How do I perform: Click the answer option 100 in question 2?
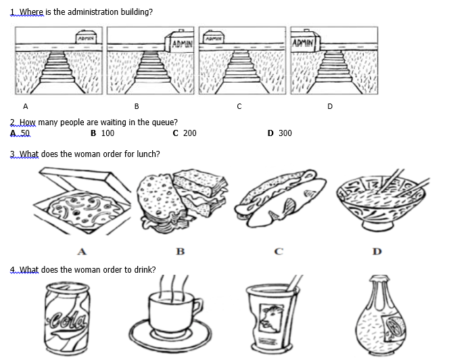pyautogui.click(x=107, y=133)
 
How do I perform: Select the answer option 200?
pyautogui.click(x=189, y=133)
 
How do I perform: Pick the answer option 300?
pyautogui.click(x=285, y=133)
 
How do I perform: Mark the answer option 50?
pyautogui.click(x=25, y=133)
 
